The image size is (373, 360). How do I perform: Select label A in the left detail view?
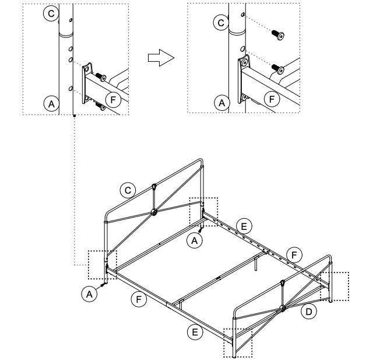click(x=51, y=104)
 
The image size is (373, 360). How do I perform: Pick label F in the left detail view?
click(x=114, y=99)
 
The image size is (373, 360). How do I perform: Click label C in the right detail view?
click(x=220, y=23)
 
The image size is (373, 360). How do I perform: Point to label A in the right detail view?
click(x=221, y=104)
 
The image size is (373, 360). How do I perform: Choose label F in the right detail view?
click(x=271, y=99)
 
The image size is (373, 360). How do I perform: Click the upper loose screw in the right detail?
click(x=279, y=36)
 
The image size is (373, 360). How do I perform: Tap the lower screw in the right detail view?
click(x=276, y=68)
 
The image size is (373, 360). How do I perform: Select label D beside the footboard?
click(x=309, y=312)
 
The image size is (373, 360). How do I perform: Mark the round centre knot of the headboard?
click(x=154, y=212)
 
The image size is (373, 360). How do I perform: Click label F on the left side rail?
click(x=138, y=299)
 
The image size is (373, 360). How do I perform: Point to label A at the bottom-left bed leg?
click(x=89, y=295)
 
